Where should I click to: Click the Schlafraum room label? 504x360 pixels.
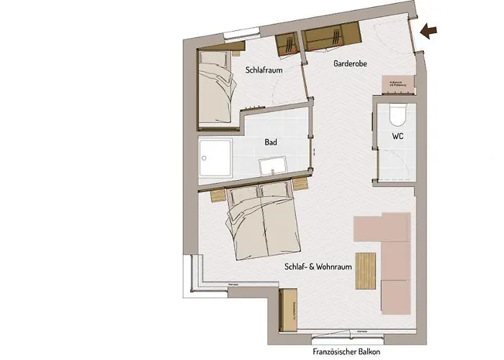pos(263,71)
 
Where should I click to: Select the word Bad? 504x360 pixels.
pos(271,143)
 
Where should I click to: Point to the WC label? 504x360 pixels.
pos(397,135)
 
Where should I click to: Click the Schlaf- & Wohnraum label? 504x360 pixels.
pos(317,266)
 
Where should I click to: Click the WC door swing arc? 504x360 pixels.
pos(400,162)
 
